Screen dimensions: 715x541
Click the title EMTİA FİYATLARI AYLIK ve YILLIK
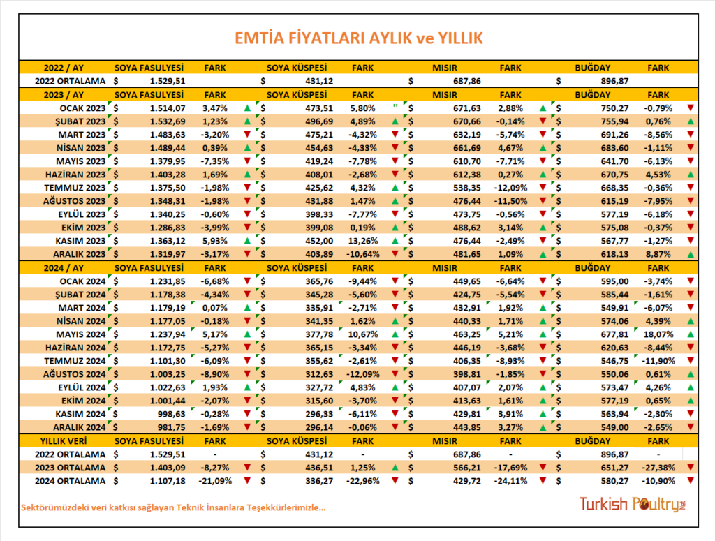[x=358, y=38]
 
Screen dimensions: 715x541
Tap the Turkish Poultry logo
[x=633, y=504]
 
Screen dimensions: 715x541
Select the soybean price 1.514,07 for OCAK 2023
[x=168, y=108]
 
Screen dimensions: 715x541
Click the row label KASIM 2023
[x=80, y=241]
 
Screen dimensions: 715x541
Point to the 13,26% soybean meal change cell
[x=363, y=241]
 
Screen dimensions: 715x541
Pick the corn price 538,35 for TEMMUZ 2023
[x=467, y=188]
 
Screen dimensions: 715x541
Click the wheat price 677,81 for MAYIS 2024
[x=614, y=334]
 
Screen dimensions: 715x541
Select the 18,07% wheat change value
[x=658, y=334]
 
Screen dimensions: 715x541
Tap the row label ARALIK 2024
[x=80, y=427]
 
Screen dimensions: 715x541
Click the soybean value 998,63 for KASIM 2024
[x=172, y=414]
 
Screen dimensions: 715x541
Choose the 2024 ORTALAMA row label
[x=71, y=481]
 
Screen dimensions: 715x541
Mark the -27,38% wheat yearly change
[x=658, y=468]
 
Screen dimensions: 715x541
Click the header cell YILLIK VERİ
[x=64, y=441]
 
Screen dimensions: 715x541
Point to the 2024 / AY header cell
[x=64, y=268]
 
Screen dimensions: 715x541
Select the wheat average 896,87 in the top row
[x=614, y=81]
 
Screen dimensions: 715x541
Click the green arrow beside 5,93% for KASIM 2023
[x=247, y=241]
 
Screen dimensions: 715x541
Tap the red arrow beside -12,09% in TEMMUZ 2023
[x=543, y=188]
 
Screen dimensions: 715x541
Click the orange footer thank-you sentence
[x=173, y=507]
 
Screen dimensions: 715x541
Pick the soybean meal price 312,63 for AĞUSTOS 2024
[x=319, y=375]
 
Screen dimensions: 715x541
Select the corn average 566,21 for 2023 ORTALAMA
[x=467, y=468]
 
